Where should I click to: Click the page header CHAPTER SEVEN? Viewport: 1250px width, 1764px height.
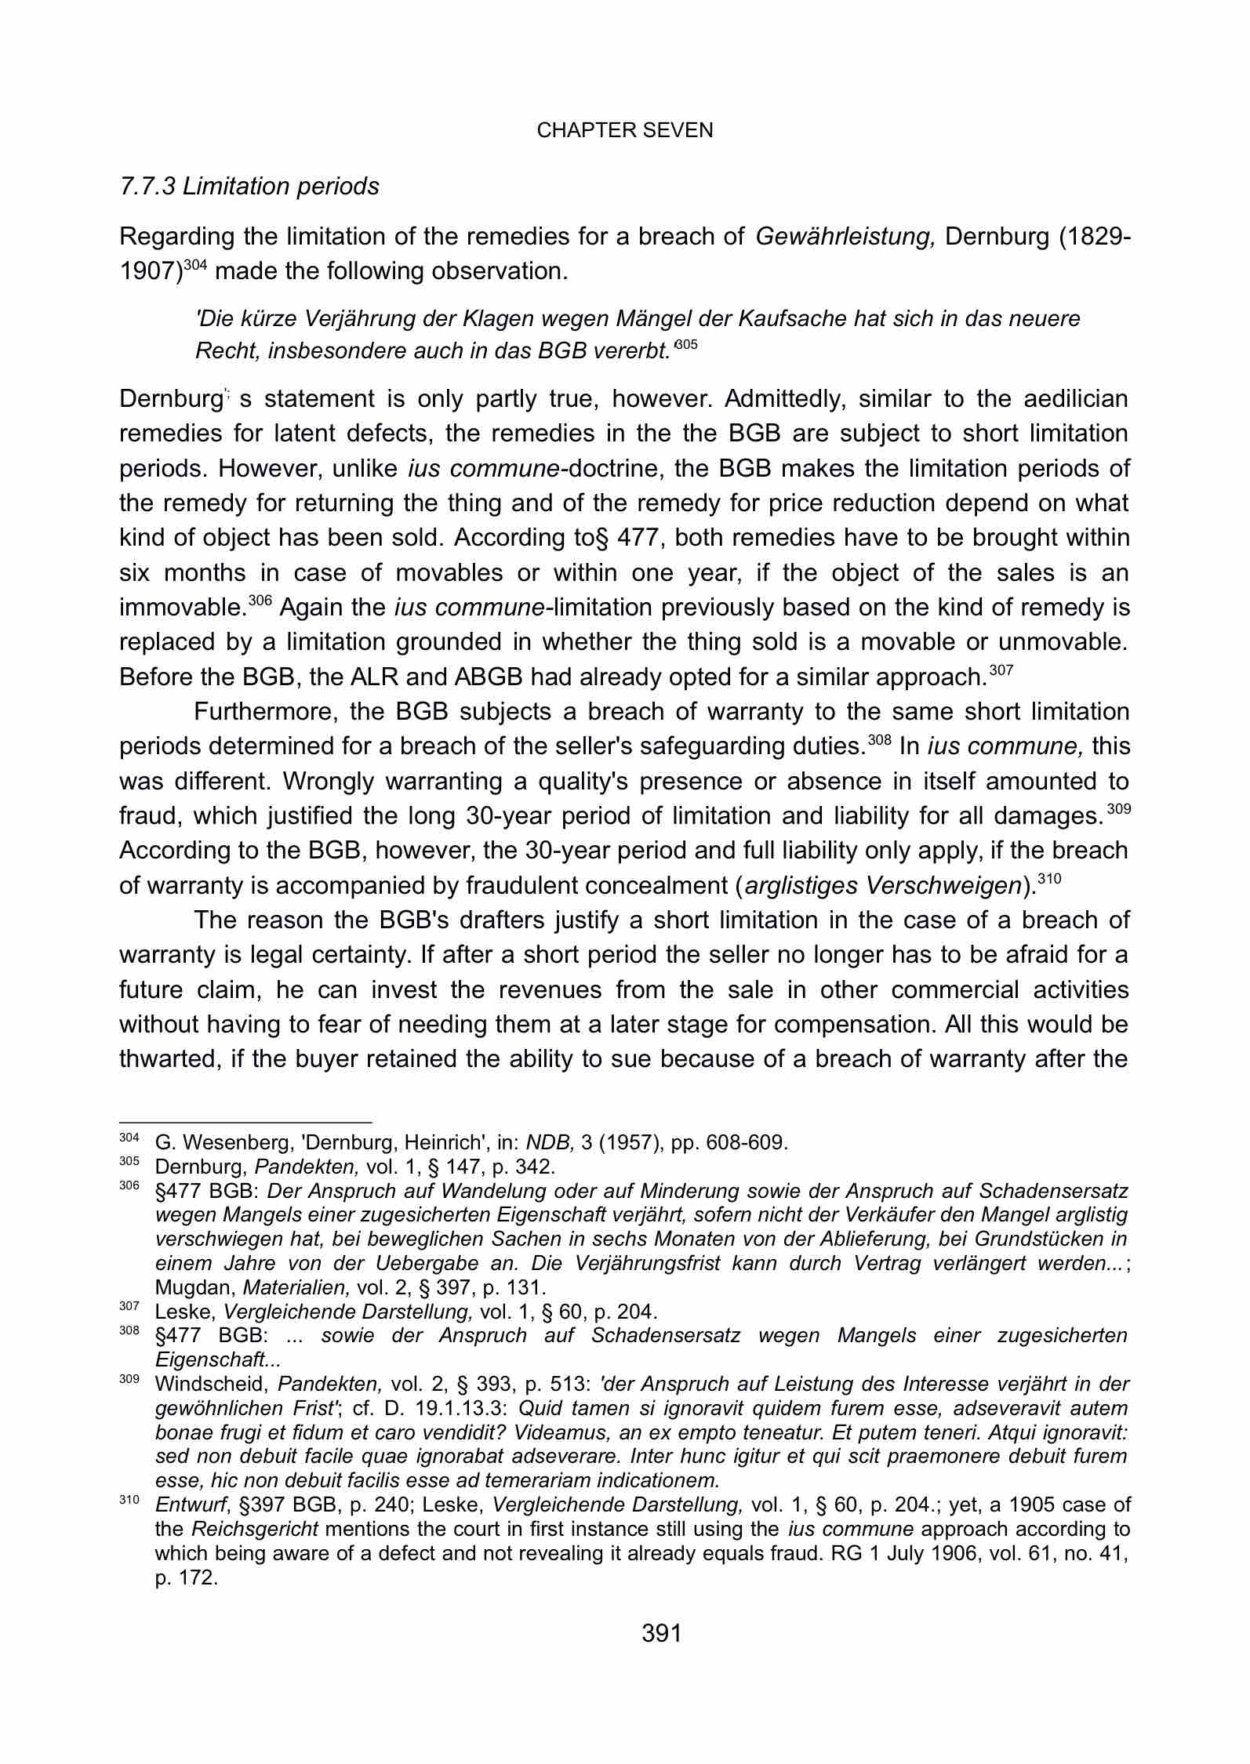tap(625, 131)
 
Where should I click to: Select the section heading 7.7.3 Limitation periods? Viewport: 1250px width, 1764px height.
tap(249, 187)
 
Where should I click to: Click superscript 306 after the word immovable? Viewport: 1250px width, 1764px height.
tap(260, 601)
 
